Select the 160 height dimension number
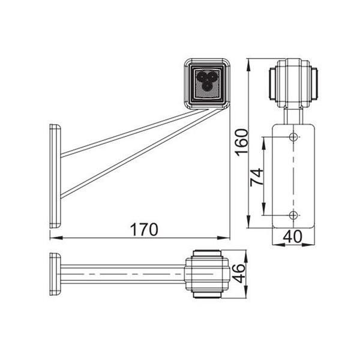tap(241, 142)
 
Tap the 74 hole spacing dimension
tap(256, 176)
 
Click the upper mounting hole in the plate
tap(293, 137)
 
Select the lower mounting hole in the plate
tap(293, 215)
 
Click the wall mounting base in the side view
tap(55, 175)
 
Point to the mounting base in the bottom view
tap(55, 275)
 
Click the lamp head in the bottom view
tap(206, 275)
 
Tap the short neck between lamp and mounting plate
tap(293, 114)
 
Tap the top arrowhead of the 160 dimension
tap(248, 62)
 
